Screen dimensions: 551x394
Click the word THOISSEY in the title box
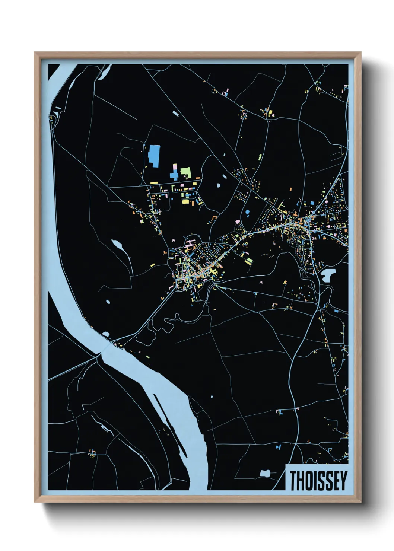point(318,481)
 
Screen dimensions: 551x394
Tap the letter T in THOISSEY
point(293,481)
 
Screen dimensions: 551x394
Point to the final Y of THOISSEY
point(343,481)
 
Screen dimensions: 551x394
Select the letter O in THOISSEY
point(308,481)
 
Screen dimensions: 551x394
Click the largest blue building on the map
point(154,156)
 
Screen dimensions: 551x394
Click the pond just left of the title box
point(265,474)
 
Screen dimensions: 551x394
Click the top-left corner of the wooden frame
point(35,53)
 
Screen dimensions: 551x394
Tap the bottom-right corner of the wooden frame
point(360,502)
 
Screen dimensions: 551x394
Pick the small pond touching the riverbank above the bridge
point(106,334)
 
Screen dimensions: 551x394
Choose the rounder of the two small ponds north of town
point(219,185)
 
